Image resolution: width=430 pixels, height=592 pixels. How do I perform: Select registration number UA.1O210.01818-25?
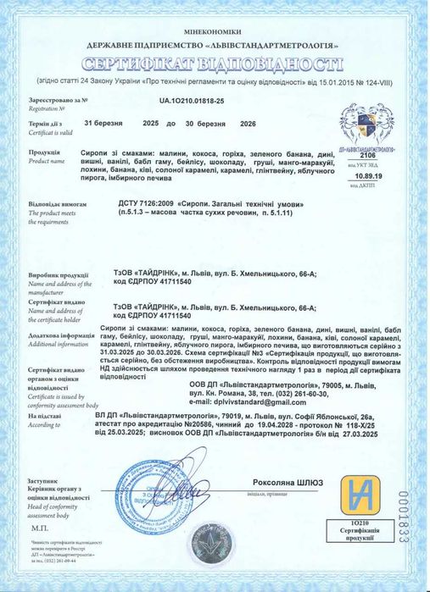[x=198, y=100]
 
